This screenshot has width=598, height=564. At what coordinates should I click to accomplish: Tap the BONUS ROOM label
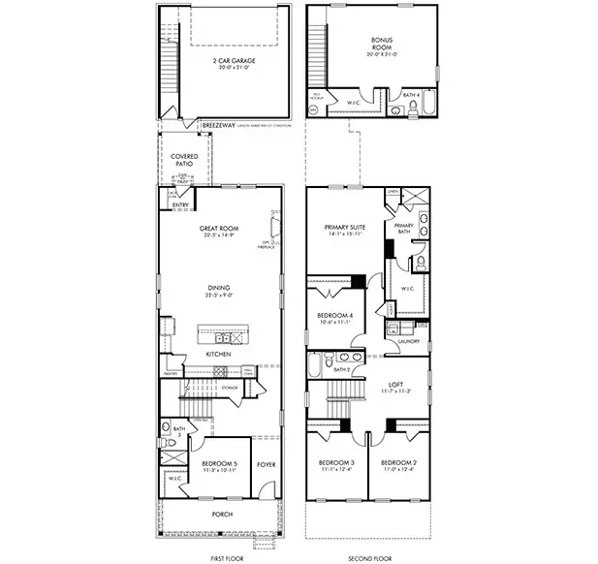coord(382,43)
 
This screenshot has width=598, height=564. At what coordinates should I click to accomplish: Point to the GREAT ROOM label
coord(219,230)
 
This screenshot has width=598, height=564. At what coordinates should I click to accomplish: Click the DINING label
coord(219,287)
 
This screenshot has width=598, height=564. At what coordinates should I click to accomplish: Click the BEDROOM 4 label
coord(334,316)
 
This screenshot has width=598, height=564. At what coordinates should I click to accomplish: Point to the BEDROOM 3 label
coord(336,464)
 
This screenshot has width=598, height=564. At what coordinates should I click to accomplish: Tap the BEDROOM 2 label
coord(397,464)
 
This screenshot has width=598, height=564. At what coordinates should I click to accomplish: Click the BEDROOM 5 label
coord(220,464)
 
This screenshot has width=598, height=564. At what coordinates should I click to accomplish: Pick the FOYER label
coord(266,464)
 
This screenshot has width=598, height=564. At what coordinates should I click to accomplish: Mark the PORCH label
coord(222,514)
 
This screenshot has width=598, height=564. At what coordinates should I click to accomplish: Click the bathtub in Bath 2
coord(316,366)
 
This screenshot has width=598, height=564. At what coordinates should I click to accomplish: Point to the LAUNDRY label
coord(408,341)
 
